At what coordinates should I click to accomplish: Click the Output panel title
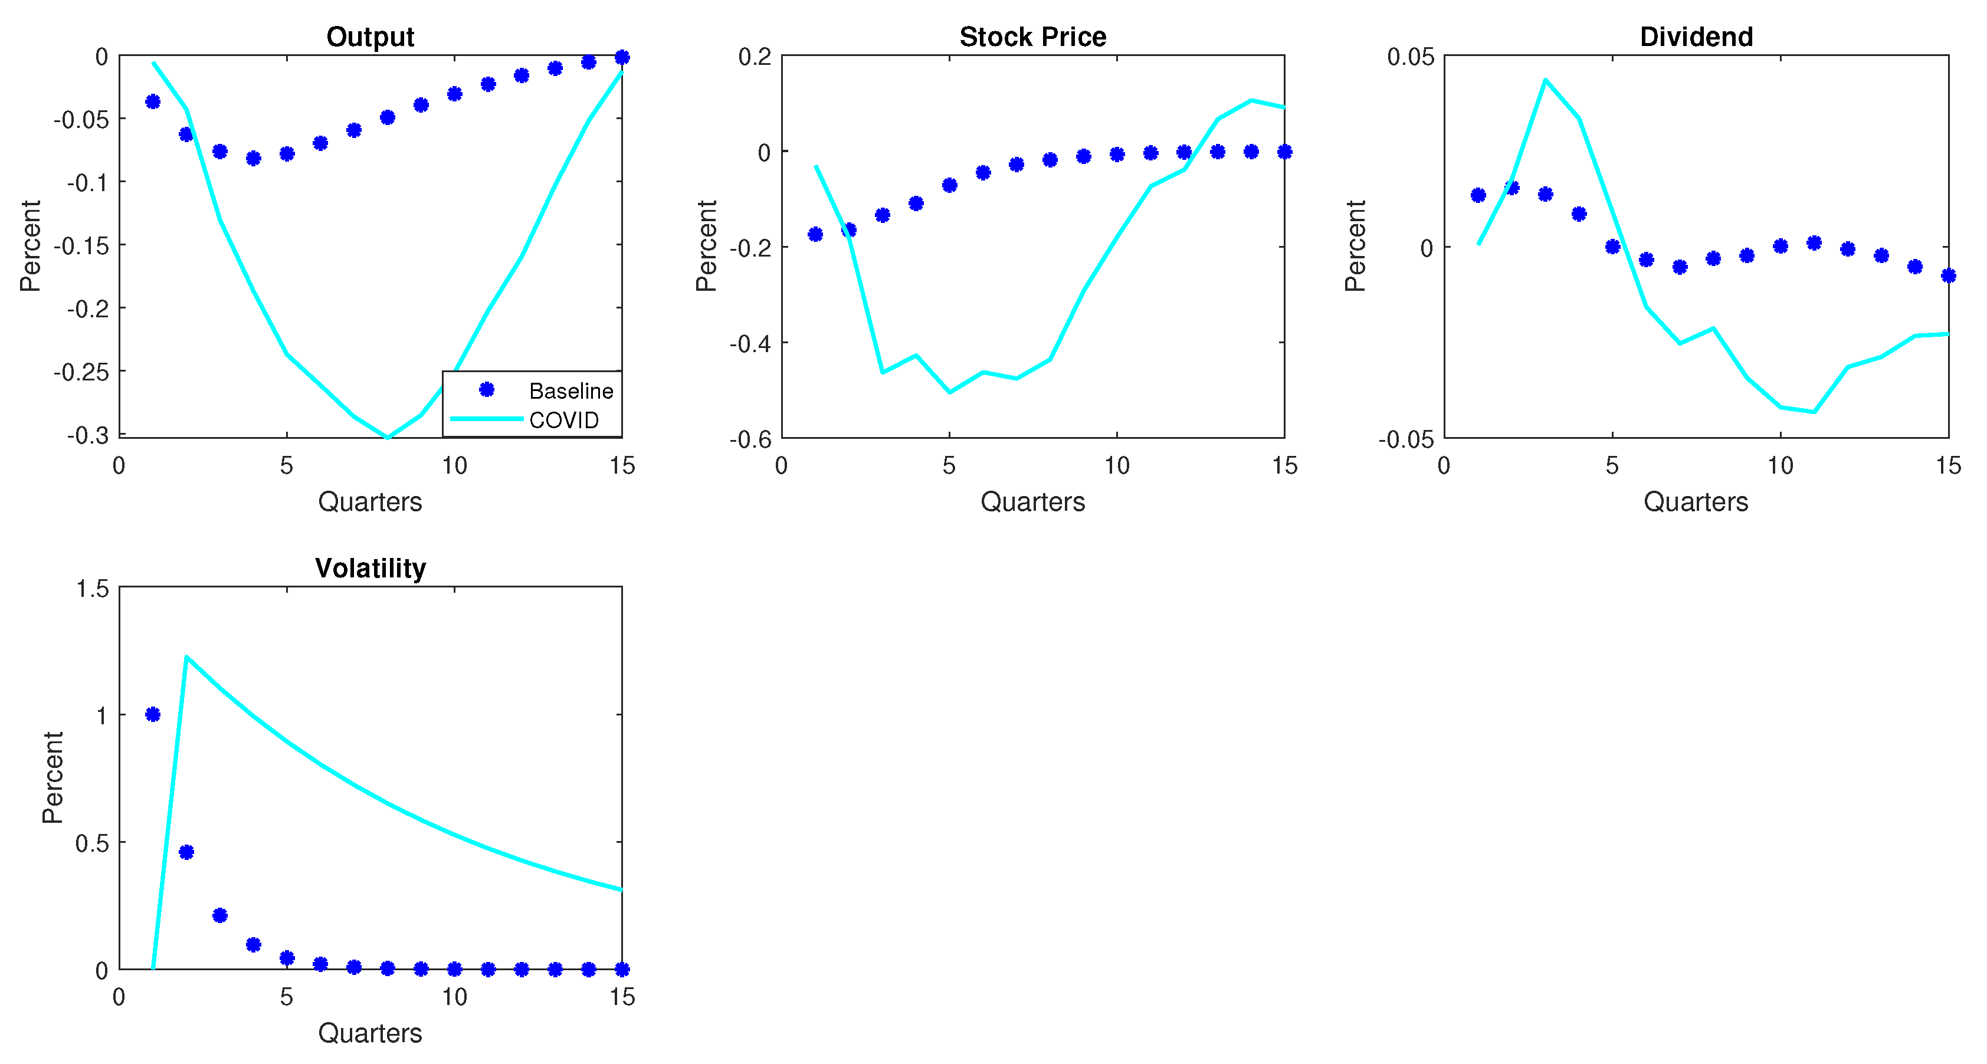(x=370, y=36)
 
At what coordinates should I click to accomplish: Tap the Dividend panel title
(x=1696, y=36)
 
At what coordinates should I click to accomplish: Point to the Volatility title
(x=370, y=567)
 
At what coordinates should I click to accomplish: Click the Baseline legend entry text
(x=571, y=391)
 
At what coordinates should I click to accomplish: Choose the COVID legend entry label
(x=564, y=420)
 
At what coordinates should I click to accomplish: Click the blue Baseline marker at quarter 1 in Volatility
(x=153, y=714)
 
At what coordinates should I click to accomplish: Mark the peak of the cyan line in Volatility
(x=186, y=657)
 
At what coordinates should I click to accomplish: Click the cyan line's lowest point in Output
(x=387, y=437)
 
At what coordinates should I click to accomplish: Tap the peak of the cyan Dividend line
(x=1545, y=80)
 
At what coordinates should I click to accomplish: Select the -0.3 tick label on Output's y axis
(x=87, y=435)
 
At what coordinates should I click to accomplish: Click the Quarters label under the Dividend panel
(x=1696, y=501)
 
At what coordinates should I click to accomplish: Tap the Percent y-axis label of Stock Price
(x=706, y=246)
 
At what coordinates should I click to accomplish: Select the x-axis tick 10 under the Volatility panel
(x=454, y=997)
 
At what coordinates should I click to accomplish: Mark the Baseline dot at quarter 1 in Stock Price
(x=815, y=234)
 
